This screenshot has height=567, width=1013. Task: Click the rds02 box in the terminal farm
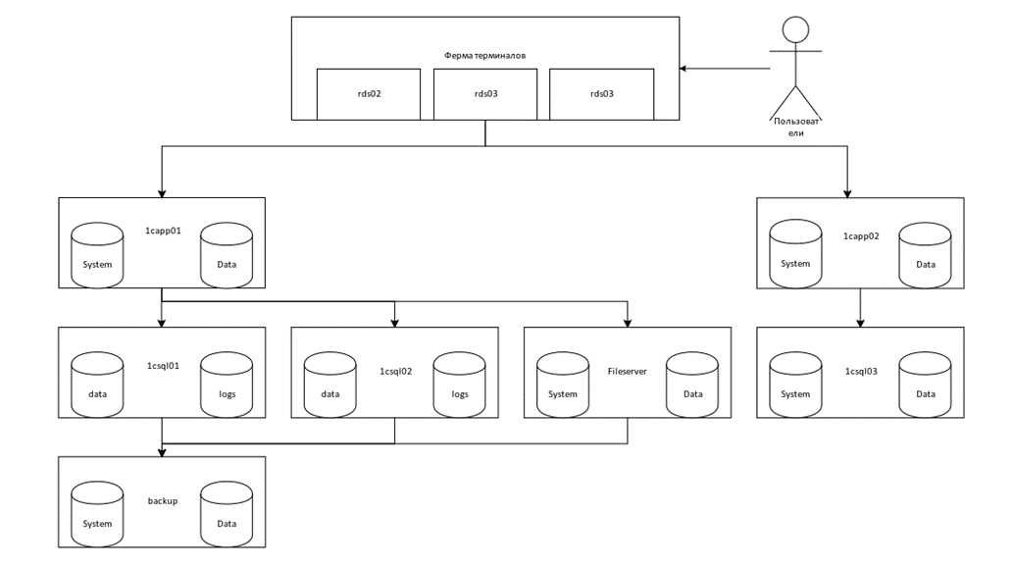(x=368, y=94)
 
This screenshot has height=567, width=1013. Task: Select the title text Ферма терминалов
(x=484, y=56)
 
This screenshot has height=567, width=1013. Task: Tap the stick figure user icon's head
(x=795, y=29)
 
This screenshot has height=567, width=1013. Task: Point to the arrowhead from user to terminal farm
(x=685, y=68)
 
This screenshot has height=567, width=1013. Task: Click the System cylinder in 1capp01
(x=97, y=254)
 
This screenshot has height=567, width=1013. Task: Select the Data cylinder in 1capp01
(x=227, y=254)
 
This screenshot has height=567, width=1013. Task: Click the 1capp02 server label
(x=859, y=236)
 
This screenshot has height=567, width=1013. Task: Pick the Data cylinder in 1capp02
(x=925, y=254)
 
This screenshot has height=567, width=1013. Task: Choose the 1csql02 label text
(x=395, y=372)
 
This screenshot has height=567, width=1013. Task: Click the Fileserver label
(x=628, y=372)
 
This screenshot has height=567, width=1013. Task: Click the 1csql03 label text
(x=859, y=372)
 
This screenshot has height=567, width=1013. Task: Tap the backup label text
(x=162, y=501)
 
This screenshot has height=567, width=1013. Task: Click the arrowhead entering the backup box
(x=162, y=452)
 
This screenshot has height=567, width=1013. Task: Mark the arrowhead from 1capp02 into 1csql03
(x=860, y=323)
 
